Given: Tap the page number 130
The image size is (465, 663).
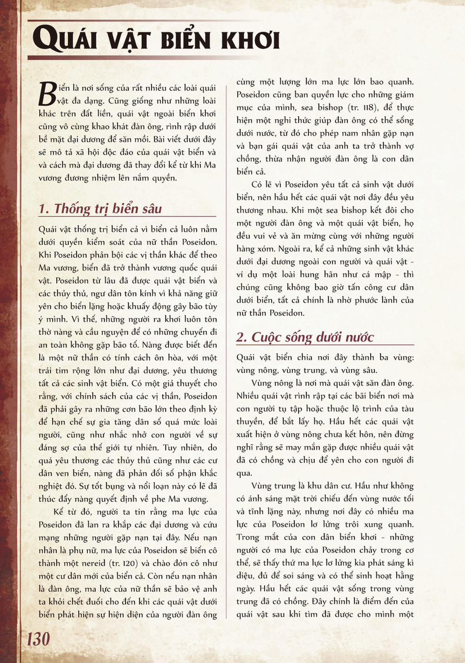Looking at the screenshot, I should point(38,639).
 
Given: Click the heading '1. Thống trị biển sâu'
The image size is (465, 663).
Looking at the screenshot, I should point(100,209).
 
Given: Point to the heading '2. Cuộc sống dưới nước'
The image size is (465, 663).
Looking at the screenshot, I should point(305,337).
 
